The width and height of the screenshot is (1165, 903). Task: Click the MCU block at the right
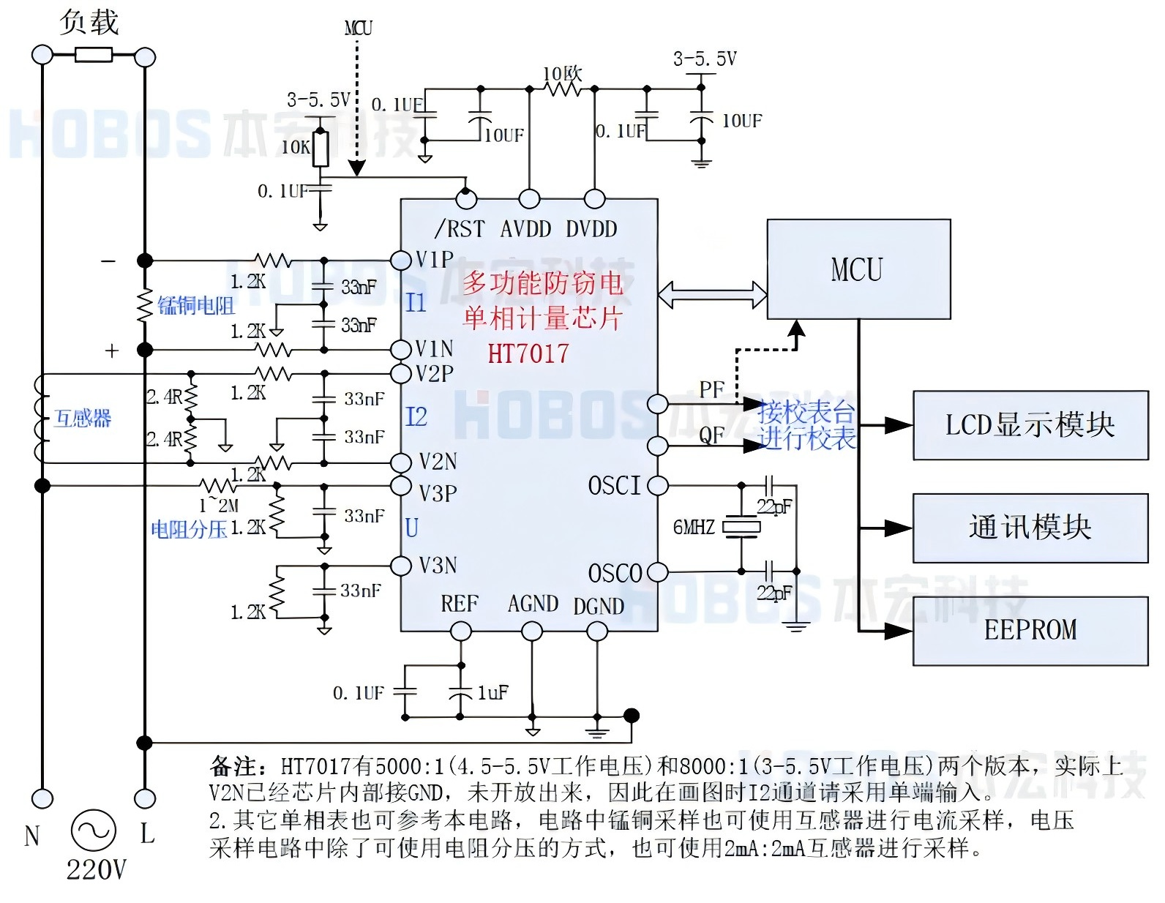click(858, 269)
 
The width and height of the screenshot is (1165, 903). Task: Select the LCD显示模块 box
click(1030, 425)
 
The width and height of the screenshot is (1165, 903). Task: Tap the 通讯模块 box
click(1030, 528)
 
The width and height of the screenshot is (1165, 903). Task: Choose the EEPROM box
click(1030, 630)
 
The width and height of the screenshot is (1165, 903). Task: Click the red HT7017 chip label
click(528, 354)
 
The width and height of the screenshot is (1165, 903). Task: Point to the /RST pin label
click(460, 229)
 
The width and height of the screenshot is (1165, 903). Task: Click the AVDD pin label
click(525, 229)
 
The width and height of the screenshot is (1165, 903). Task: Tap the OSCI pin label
click(614, 485)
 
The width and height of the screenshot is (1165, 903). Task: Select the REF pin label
click(459, 604)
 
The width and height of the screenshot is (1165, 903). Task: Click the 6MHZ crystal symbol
click(741, 527)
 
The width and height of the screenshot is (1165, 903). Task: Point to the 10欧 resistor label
click(562, 74)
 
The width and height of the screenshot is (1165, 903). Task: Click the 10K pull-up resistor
click(321, 149)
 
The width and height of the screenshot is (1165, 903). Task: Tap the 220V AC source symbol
click(93, 831)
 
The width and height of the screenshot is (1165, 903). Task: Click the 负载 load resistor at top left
click(94, 55)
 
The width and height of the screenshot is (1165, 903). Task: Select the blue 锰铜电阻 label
click(196, 305)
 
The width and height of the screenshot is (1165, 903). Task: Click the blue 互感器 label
click(83, 418)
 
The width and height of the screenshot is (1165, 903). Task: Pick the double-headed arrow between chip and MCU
click(712, 294)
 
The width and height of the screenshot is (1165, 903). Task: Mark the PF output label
click(711, 389)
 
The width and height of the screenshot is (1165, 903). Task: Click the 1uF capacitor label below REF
click(492, 692)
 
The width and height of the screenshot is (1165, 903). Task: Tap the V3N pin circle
click(401, 566)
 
